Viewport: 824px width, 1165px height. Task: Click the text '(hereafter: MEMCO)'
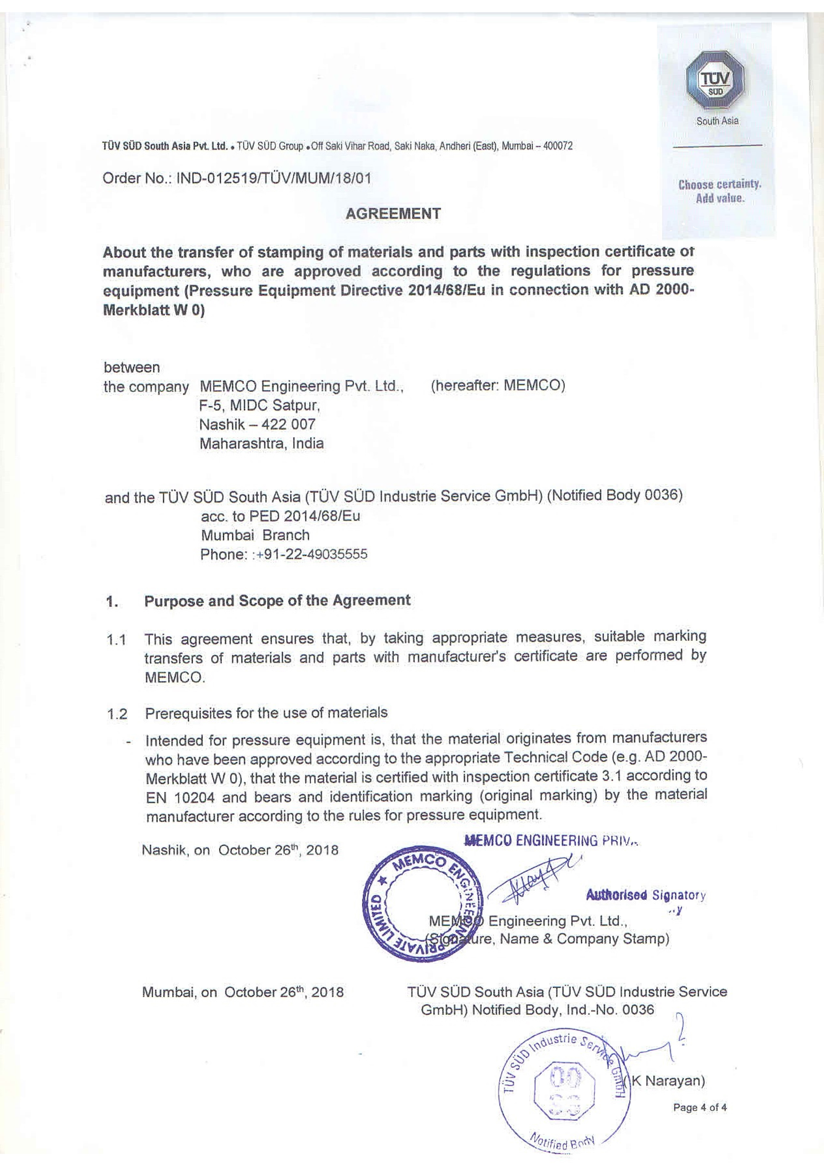(498, 386)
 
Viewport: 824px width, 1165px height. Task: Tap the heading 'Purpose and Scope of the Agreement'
(277, 600)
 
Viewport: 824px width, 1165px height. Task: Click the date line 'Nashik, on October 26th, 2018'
(240, 850)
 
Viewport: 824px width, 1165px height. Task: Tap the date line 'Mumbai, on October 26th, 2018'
(243, 992)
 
